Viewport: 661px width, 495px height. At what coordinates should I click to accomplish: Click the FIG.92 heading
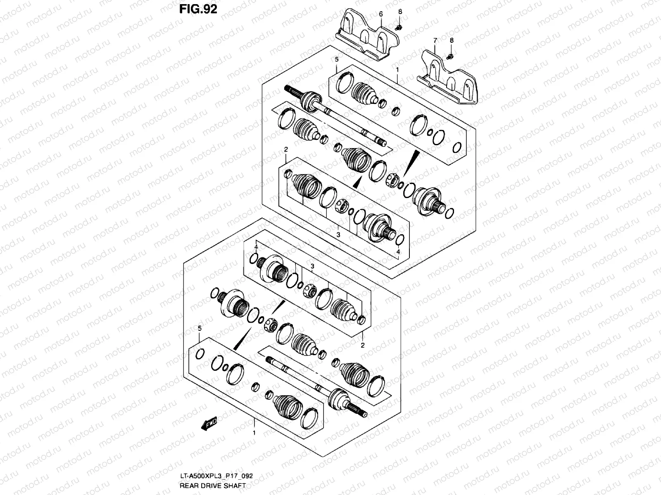point(198,9)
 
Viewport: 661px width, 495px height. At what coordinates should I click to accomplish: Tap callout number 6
point(381,14)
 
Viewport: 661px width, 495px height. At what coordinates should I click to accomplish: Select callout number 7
point(435,40)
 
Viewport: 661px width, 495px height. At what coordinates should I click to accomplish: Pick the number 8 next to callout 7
point(452,40)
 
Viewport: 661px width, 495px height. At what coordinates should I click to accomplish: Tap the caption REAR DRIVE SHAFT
point(207,486)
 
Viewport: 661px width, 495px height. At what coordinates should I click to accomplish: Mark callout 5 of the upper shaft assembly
point(337,60)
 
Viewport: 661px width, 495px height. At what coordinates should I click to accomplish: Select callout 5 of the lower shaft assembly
point(200,328)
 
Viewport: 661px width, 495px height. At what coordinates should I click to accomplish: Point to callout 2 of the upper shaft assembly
point(285,149)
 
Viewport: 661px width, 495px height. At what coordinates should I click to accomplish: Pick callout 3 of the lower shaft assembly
point(312,266)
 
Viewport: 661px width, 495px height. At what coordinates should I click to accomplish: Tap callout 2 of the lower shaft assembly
point(362,345)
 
